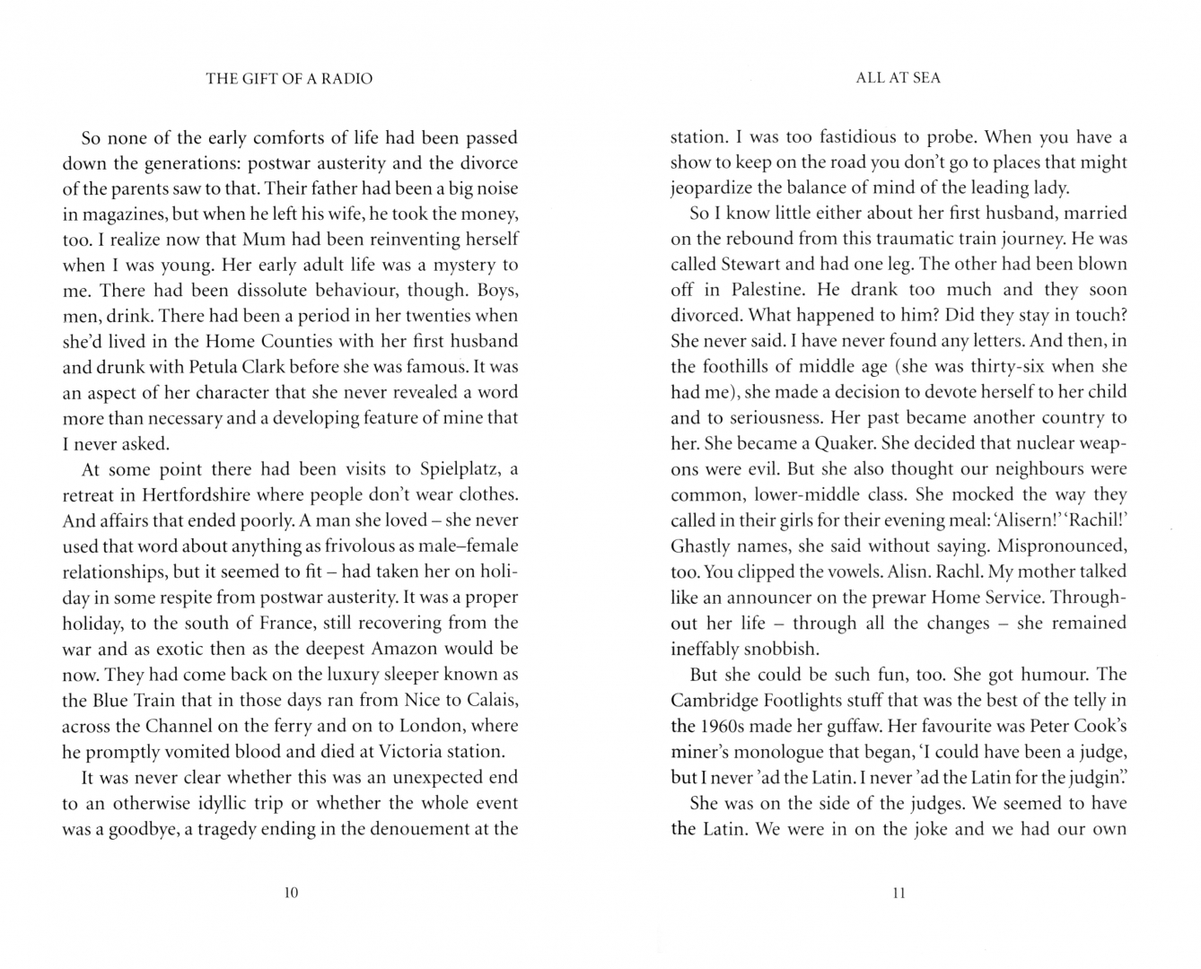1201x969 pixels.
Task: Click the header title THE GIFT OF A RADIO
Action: click(x=289, y=79)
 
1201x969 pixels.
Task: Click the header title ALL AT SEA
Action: click(x=898, y=78)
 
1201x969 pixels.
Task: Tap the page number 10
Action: click(x=290, y=893)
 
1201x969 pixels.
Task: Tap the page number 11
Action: click(x=899, y=893)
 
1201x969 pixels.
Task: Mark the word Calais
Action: click(x=486, y=700)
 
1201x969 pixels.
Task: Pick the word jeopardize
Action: click(x=710, y=188)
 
